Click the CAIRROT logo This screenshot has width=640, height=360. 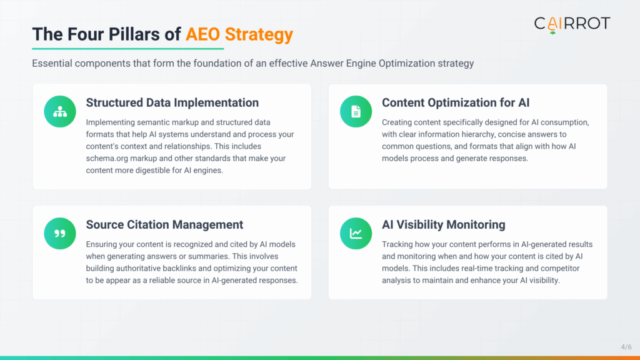(x=571, y=24)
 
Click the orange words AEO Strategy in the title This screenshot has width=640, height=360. (x=239, y=34)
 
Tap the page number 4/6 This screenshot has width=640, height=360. (x=626, y=347)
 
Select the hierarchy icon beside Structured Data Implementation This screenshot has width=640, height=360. (x=60, y=111)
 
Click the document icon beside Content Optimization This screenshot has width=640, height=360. (x=356, y=111)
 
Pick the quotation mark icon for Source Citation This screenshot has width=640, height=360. (x=60, y=233)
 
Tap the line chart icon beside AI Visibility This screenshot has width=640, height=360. (x=356, y=233)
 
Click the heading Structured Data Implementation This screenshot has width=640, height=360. (x=172, y=102)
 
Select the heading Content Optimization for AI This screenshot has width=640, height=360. (x=456, y=102)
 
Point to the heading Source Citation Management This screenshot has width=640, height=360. (x=164, y=224)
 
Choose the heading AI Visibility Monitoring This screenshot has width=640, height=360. (x=444, y=224)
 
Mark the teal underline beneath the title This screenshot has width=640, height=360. (x=127, y=48)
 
